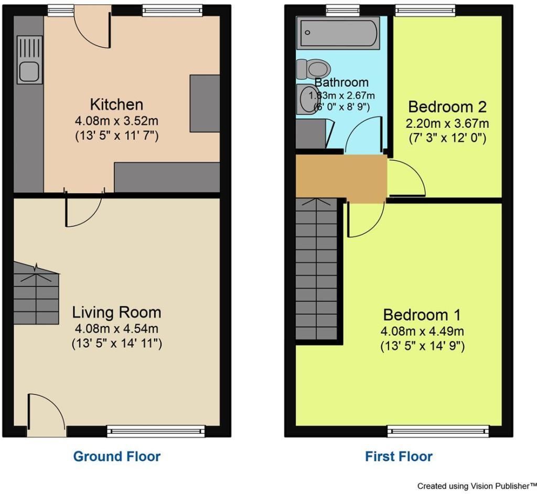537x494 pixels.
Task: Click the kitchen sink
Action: click(x=29, y=60)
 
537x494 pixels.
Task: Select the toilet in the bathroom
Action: click(x=313, y=69)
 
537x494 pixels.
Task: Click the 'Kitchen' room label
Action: click(x=116, y=104)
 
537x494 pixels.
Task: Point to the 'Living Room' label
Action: click(x=116, y=312)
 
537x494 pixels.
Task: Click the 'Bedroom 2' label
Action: click(x=447, y=107)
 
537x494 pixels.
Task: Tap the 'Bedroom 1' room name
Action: click(x=422, y=315)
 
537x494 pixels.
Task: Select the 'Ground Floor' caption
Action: click(x=117, y=456)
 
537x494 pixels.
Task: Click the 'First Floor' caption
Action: click(x=399, y=456)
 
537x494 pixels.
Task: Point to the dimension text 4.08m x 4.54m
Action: click(x=116, y=329)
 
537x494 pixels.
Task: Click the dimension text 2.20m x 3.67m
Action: click(x=447, y=123)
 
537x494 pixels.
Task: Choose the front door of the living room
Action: click(x=47, y=415)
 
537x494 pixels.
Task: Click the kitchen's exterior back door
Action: click(x=92, y=29)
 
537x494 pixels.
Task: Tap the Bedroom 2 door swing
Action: click(x=407, y=178)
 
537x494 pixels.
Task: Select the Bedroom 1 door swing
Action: click(x=366, y=219)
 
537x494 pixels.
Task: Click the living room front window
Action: click(x=156, y=431)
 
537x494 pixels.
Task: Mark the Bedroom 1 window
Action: click(x=438, y=431)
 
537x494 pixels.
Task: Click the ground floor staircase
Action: click(x=36, y=293)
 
